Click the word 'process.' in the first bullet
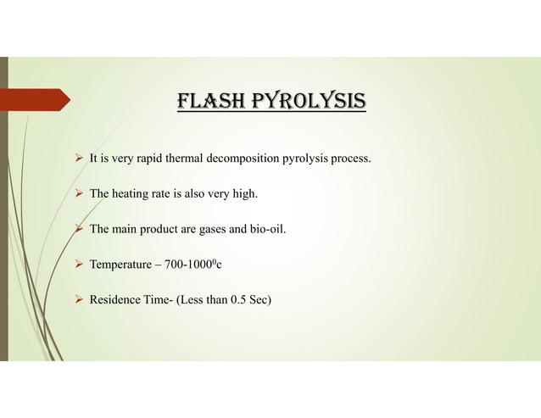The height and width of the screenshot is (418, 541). (x=349, y=159)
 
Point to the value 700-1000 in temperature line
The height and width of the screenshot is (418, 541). (x=192, y=265)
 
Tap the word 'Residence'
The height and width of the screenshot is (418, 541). (x=116, y=299)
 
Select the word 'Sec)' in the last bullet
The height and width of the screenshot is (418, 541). (x=260, y=299)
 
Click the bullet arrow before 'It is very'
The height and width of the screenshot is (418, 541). (x=79, y=158)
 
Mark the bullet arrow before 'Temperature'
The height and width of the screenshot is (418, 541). (x=79, y=265)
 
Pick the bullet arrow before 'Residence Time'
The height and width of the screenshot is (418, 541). (x=79, y=299)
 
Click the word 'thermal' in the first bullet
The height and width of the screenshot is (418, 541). (x=190, y=158)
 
